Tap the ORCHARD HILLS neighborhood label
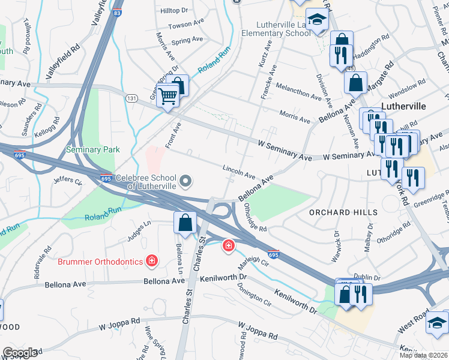pyautogui.click(x=343, y=212)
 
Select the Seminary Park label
pyautogui.click(x=93, y=149)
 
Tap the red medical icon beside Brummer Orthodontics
pyautogui.click(x=152, y=261)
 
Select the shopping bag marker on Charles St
pyautogui.click(x=185, y=223)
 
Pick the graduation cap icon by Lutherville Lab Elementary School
pyautogui.click(x=315, y=21)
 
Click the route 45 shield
pyautogui.click(x=350, y=68)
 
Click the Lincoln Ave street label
pyautogui.click(x=239, y=172)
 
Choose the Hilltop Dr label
pyautogui.click(x=174, y=11)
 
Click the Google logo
pyautogui.click(x=20, y=352)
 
